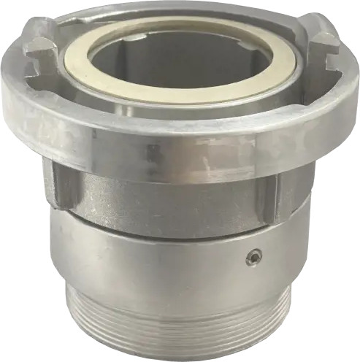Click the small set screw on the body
click(252, 257)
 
